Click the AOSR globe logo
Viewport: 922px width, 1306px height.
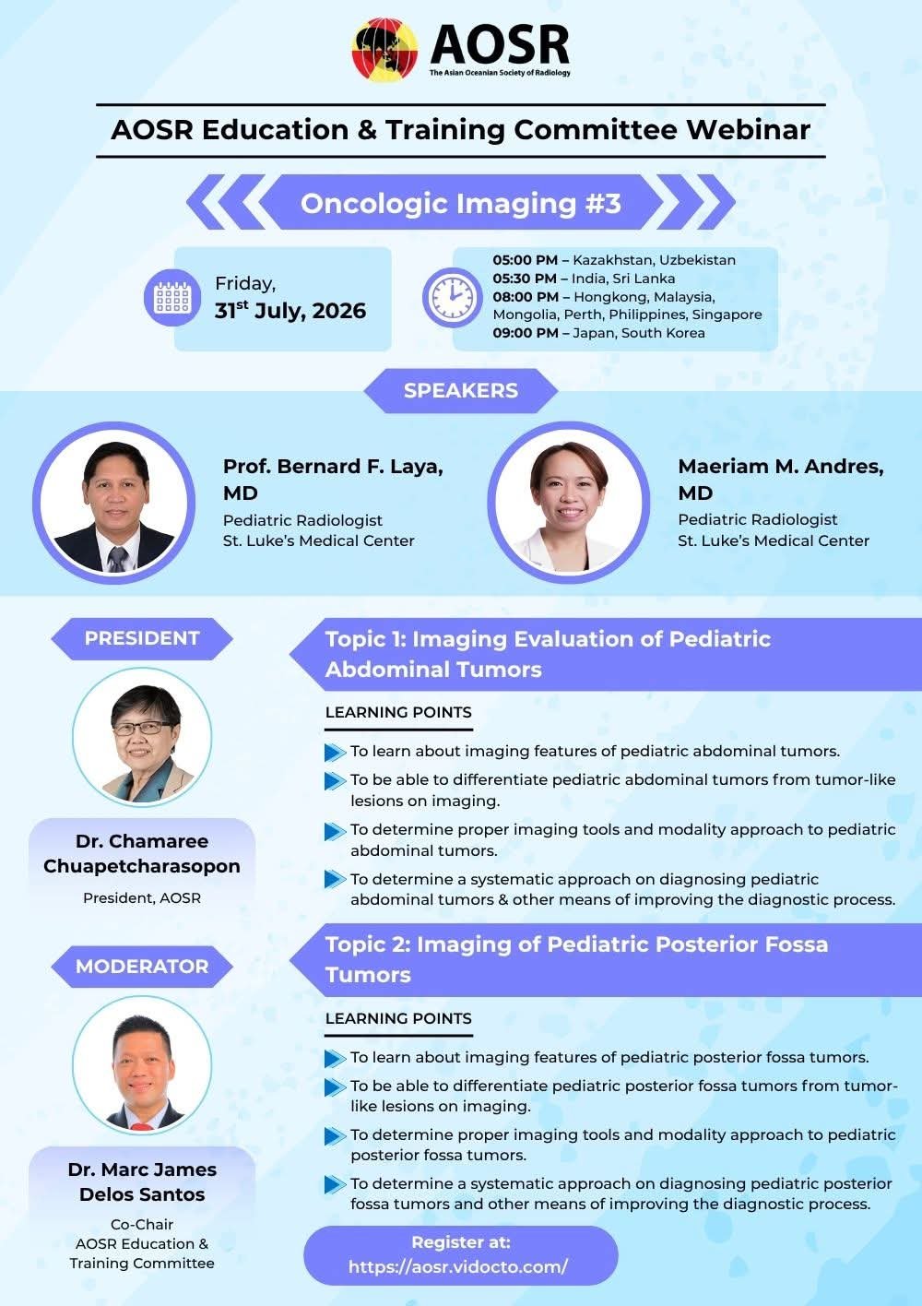coord(384,50)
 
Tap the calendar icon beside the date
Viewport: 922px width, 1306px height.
coord(172,298)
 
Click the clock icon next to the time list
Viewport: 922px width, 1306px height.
coord(453,297)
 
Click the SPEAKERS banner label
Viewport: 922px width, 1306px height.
coord(460,390)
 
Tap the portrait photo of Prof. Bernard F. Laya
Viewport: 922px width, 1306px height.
coord(114,503)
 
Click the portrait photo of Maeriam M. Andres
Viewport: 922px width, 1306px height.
coord(569,503)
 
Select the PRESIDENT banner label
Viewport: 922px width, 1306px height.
coord(142,638)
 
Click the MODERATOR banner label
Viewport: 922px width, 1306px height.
coord(142,967)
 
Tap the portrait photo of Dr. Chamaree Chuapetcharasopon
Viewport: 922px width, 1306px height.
coord(142,738)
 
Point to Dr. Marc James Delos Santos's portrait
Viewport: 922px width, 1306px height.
coord(142,1065)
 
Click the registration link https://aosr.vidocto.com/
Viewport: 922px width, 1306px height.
coord(458,1266)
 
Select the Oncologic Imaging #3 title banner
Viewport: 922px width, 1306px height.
coord(460,202)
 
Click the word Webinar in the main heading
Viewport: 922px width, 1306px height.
coord(748,129)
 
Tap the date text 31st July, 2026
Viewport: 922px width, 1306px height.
coord(290,310)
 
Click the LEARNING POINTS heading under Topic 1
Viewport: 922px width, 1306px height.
coord(398,712)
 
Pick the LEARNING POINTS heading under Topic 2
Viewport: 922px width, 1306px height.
coord(398,1018)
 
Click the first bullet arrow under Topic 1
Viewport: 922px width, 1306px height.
coord(335,752)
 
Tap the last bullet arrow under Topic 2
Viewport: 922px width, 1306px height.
coord(335,1185)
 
